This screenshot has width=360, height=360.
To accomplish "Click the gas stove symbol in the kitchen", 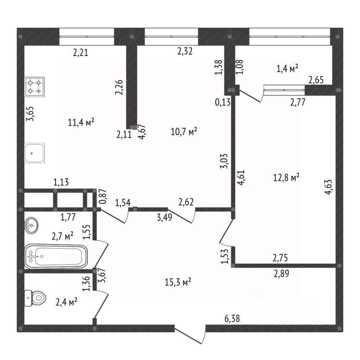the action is point(34,86).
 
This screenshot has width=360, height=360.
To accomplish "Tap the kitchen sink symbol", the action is point(34,153).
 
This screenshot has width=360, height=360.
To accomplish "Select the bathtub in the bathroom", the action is point(56,256).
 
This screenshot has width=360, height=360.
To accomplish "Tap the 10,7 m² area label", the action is point(184,132).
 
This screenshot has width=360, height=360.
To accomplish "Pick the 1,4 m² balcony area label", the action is point(287,68).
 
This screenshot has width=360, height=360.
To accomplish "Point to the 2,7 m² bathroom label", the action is point(62,236).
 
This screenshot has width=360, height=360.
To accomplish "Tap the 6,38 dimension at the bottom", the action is point(232,319).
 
